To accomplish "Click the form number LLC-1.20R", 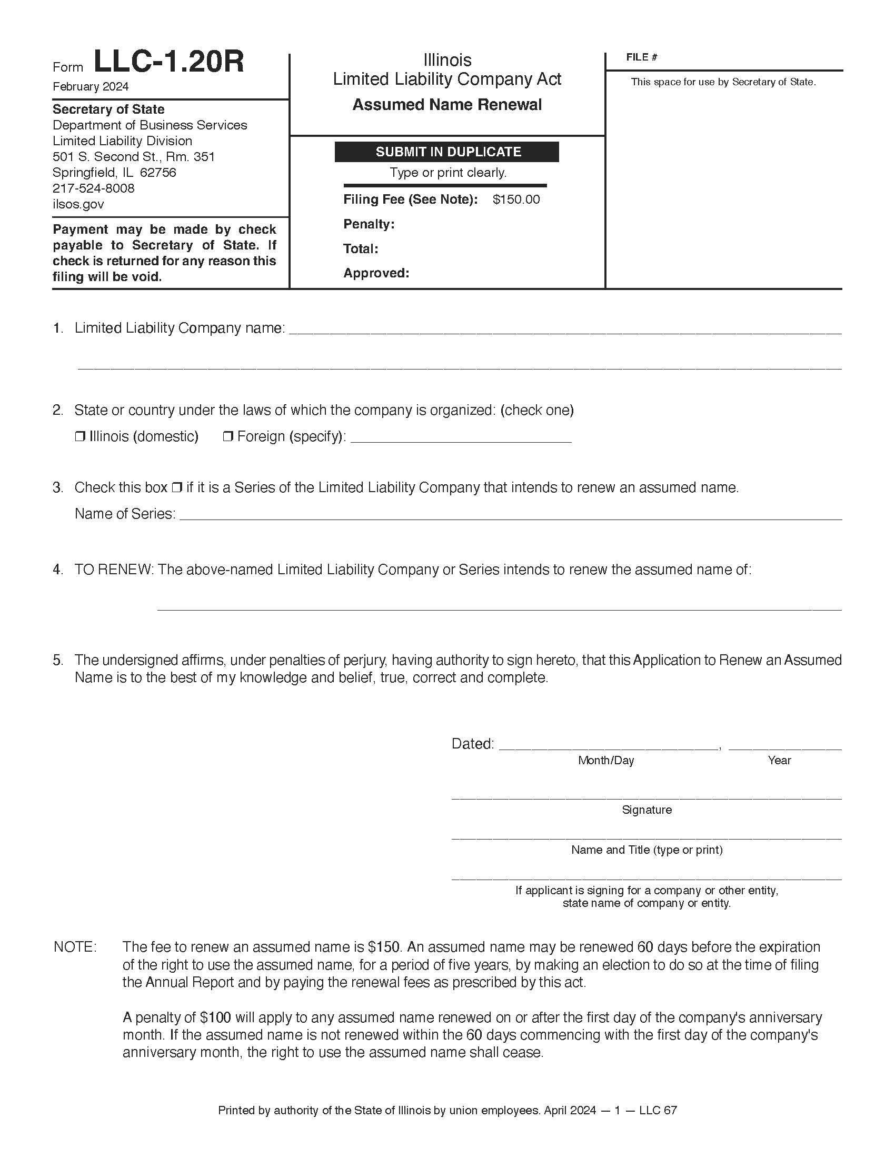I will coord(168,62).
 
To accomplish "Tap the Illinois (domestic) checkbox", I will coord(80,437).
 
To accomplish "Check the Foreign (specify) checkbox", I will coord(228,437).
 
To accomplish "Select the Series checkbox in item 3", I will coord(177,487).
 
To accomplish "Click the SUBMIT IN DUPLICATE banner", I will coord(447,152).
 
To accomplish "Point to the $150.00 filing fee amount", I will coord(516,199).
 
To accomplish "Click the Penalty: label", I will coord(369,224).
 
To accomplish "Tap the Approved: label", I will coord(376,273).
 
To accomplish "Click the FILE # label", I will coord(641,57).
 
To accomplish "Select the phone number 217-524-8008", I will coord(93,188).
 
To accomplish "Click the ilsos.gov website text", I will coord(78,204).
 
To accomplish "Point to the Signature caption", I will coord(647,810).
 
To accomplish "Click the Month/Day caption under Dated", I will coord(605,761).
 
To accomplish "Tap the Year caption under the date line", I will coord(779,761).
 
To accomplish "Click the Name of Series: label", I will coord(125,514).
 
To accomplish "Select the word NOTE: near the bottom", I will coord(75,947).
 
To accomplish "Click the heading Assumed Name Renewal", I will coord(447,104).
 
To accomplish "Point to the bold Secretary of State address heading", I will coord(108,109).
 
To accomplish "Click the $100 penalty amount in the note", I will coord(215,1017).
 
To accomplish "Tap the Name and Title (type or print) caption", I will coord(647,850).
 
